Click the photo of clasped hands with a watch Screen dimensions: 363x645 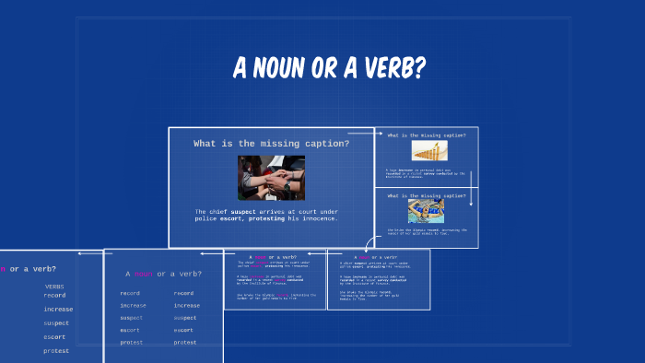point(271,178)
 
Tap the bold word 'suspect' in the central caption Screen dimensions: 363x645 point(254,212)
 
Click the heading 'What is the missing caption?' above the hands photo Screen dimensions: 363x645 point(271,144)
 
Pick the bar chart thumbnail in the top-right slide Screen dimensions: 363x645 point(425,151)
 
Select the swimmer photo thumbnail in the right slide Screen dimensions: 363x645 point(426,211)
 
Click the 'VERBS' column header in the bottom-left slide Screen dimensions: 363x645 point(54,287)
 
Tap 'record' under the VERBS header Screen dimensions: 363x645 point(54,296)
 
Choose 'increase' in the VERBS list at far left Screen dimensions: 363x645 point(57,310)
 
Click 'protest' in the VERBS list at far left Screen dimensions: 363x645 point(55,350)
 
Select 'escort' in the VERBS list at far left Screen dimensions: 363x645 point(55,336)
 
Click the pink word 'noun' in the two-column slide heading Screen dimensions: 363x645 point(144,274)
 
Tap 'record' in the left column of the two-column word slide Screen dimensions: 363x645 point(130,293)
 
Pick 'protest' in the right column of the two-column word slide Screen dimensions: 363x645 point(185,342)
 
